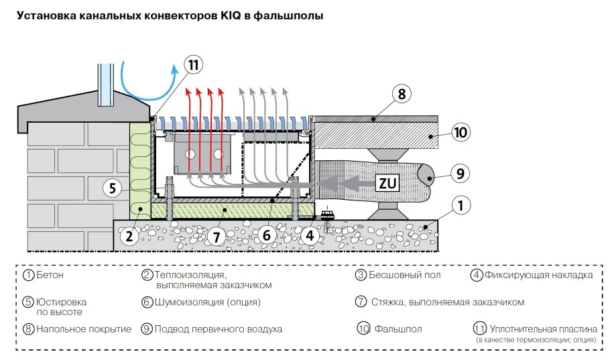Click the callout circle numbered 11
[x=193, y=65]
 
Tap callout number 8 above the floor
[x=402, y=94]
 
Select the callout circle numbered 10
[x=459, y=132]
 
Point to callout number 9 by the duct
[x=459, y=174]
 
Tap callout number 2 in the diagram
[x=129, y=235]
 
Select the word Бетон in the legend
[x=51, y=275]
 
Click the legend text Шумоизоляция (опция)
[x=207, y=302]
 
